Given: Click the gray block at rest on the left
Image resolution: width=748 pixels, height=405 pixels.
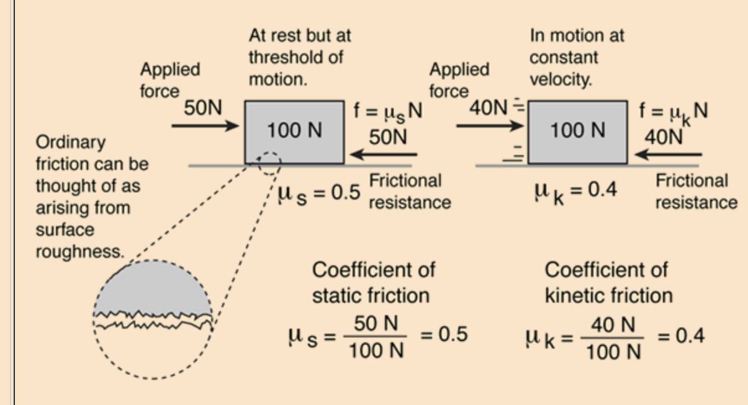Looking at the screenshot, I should (x=294, y=131).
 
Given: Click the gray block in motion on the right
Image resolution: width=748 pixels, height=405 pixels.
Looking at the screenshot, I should (x=577, y=131).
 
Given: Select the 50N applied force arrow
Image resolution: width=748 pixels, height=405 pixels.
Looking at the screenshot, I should (x=205, y=126).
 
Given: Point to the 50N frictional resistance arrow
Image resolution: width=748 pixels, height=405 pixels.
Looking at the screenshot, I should (x=382, y=154).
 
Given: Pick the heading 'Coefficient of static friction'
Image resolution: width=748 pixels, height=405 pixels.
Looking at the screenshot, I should (x=373, y=282).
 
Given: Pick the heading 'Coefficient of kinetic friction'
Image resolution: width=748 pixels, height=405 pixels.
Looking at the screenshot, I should (x=608, y=282).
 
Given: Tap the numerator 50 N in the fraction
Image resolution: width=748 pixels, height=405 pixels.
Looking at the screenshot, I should (x=376, y=323).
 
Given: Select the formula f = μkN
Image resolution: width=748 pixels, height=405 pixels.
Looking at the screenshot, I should (x=674, y=112).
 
